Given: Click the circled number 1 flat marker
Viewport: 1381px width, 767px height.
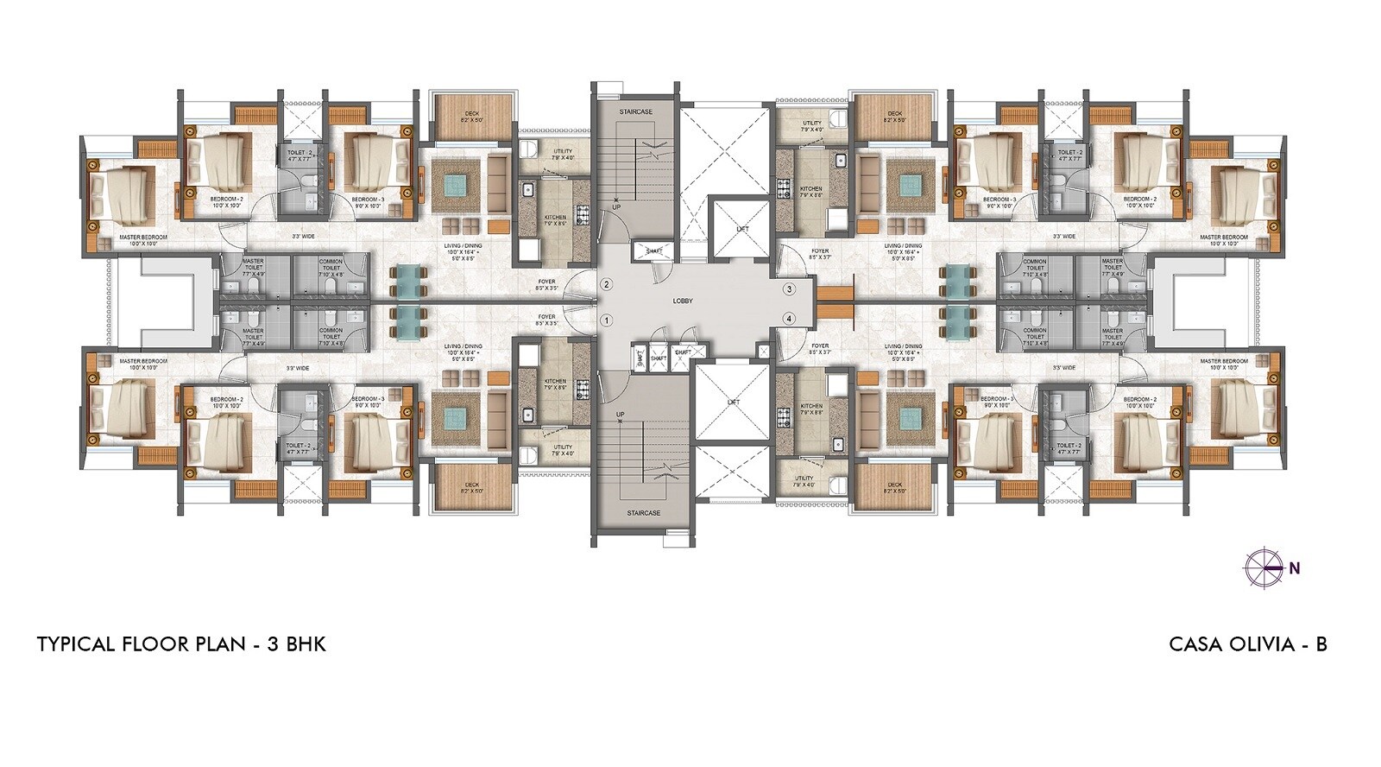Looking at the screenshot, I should pos(607,320).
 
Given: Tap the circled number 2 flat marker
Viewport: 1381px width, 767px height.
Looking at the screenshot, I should pos(607,284).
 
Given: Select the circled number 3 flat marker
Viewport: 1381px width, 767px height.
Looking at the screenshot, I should pos(788,288).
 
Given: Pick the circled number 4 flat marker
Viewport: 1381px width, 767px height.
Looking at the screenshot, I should pos(788,319).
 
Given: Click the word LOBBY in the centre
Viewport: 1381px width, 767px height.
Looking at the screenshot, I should pos(684,301).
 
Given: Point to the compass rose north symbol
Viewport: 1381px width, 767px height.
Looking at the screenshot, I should pos(1261,567).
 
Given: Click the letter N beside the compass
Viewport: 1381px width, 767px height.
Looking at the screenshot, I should pos(1295,568).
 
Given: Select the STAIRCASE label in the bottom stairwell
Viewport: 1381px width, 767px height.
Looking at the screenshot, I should pos(643,513).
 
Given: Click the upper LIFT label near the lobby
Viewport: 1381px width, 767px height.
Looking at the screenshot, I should pos(742,229).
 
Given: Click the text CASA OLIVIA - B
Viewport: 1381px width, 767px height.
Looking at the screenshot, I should pos(1247,644).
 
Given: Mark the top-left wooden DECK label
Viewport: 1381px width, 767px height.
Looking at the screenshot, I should pos(472,113).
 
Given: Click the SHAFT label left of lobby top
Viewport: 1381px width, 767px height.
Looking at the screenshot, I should pos(653,250).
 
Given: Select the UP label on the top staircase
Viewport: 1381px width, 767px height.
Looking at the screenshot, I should pos(615,208).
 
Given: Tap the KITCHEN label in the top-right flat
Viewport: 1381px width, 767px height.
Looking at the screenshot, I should pos(810,188).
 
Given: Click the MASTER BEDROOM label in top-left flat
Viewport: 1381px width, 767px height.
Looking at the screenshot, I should pos(143,237).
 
